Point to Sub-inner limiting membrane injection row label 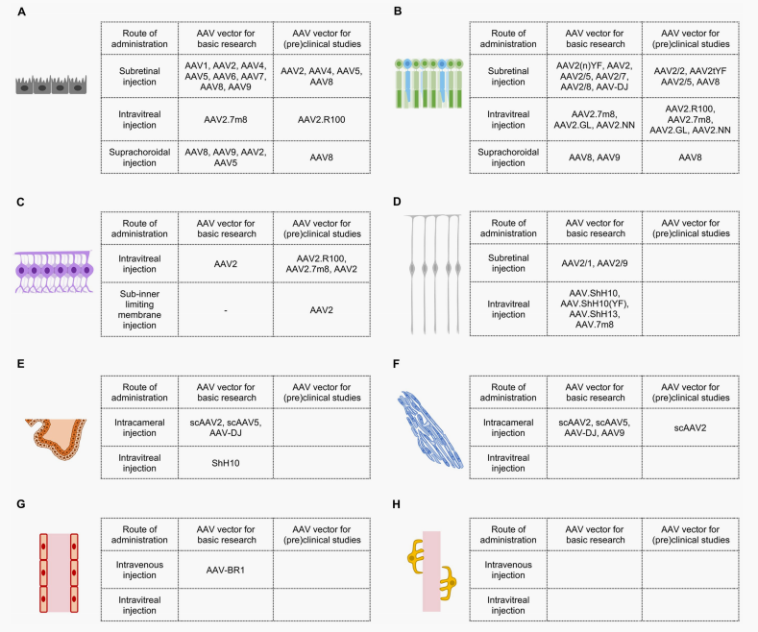tap(140, 304)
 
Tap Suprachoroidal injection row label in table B tap(510, 157)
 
